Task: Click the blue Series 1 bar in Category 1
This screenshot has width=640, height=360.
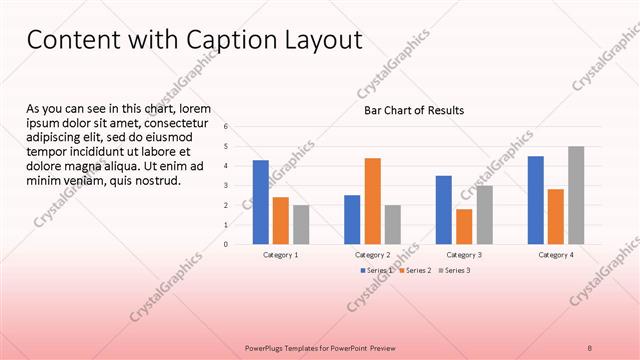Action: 260,202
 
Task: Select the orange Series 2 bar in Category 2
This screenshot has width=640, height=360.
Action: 372,201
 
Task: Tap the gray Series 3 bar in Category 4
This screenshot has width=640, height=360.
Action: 576,195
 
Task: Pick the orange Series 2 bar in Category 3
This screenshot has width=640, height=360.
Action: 464,226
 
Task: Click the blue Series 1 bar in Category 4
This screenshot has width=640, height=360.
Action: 536,200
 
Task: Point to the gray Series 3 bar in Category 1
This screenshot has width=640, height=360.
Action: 301,224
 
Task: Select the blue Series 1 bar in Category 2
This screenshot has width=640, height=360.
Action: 352,219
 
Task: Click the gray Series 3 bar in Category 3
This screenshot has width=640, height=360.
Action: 484,214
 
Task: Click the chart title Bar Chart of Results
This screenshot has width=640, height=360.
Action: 413,110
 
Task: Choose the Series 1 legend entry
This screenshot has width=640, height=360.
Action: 379,270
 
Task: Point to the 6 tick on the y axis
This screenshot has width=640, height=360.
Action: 227,127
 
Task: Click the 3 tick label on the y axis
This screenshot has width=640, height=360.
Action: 227,185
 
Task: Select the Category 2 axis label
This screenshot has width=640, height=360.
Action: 372,255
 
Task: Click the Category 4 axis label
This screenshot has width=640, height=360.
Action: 556,255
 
